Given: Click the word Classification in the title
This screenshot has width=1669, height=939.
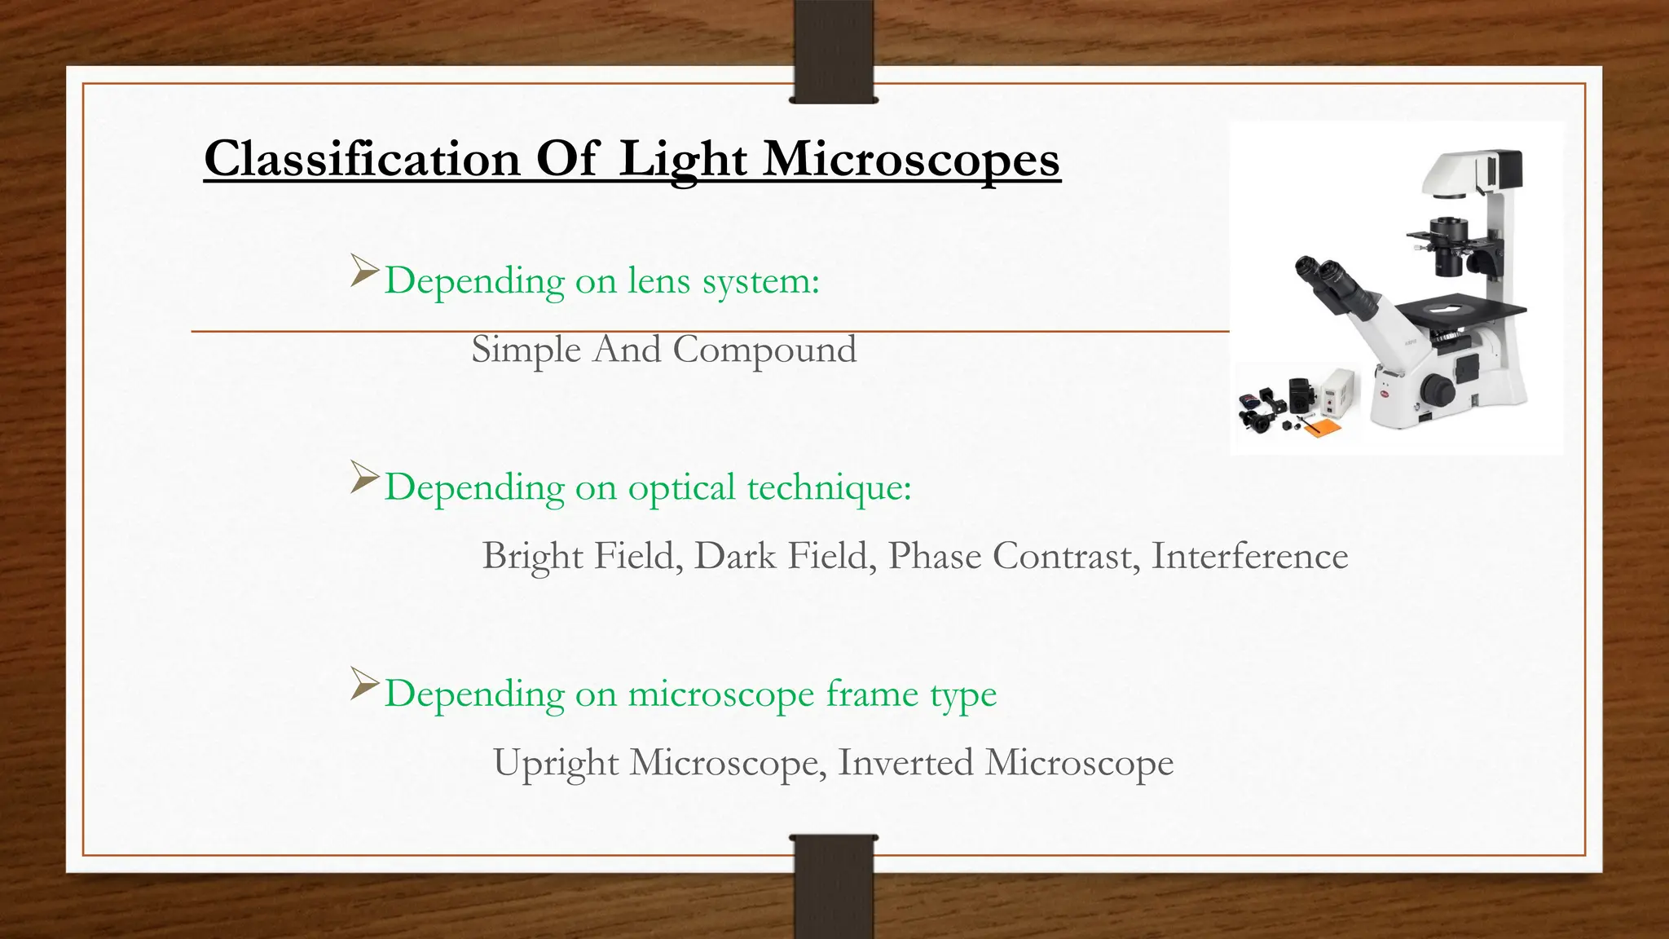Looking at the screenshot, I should tap(361, 158).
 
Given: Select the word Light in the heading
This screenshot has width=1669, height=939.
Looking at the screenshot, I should tap(682, 160).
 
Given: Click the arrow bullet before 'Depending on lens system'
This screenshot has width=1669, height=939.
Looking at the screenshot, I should tap(364, 271).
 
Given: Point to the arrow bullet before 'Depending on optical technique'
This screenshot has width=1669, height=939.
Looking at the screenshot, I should tap(364, 477).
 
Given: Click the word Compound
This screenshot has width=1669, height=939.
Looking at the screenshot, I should tap(764, 350).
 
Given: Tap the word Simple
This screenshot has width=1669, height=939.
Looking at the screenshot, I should tap(526, 350).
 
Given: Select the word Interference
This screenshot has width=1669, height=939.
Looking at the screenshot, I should tap(1249, 556).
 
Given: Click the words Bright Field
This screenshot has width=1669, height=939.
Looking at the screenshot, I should tap(582, 556).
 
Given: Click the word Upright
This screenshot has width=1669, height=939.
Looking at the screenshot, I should tap(556, 764).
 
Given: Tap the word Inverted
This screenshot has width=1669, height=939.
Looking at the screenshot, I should tap(905, 763).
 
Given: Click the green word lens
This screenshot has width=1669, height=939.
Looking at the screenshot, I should tap(658, 281).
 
